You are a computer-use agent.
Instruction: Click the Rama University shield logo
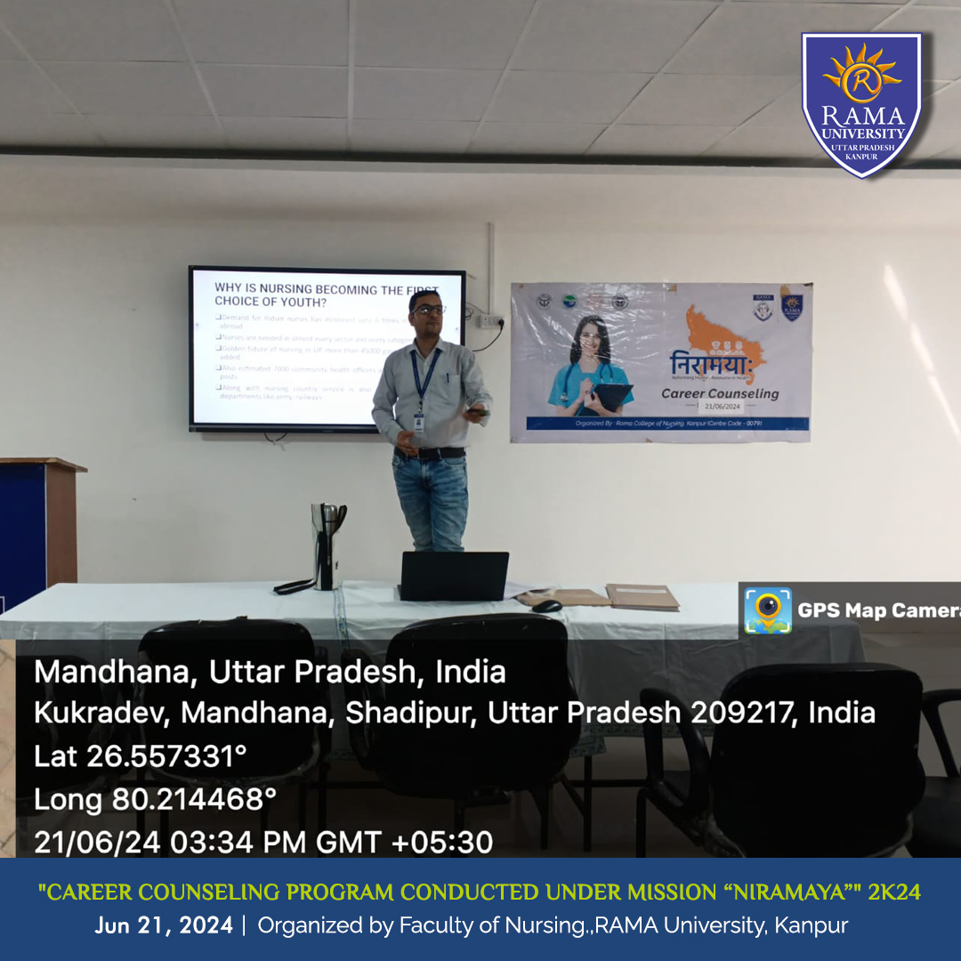(861, 104)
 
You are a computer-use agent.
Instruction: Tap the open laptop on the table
(454, 576)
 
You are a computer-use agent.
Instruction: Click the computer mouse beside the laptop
(546, 606)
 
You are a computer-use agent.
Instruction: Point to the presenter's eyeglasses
(428, 309)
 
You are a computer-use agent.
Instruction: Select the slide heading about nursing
(325, 295)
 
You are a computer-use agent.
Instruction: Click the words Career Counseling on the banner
(719, 393)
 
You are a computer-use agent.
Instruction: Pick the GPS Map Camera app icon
(767, 610)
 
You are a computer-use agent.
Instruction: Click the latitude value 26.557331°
(166, 756)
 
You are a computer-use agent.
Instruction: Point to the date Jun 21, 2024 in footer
(164, 925)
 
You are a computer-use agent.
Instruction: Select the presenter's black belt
(430, 453)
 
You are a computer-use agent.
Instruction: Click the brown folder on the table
(642, 596)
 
